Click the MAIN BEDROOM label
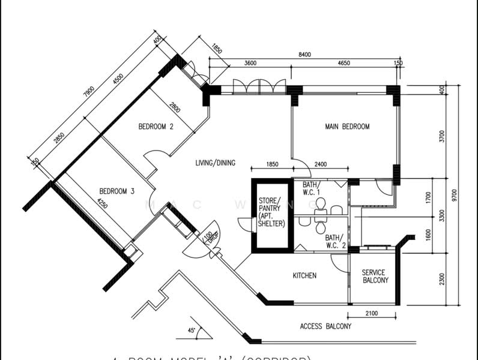[x=347, y=127]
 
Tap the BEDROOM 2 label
[x=156, y=127]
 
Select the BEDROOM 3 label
[x=116, y=191]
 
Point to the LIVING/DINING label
[x=215, y=163]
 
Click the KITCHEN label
[x=304, y=275]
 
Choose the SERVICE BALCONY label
[x=375, y=276]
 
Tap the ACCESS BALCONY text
[x=325, y=326]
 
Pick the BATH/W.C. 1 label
[x=312, y=188]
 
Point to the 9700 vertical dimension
[x=455, y=195]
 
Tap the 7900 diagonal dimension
[x=89, y=92]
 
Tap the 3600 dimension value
[x=250, y=63]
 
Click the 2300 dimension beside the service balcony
[x=442, y=279]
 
